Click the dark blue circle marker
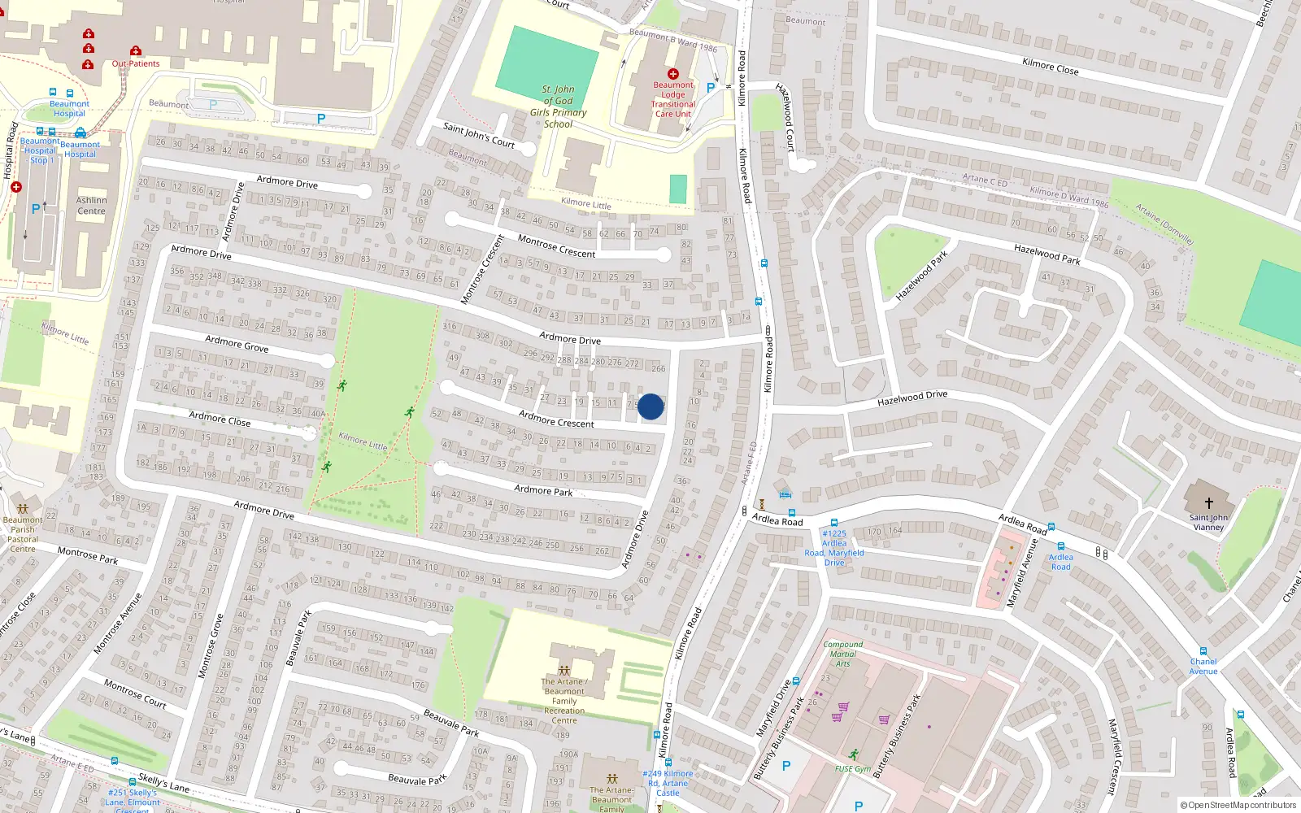click(x=650, y=406)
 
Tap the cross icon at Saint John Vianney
click(x=1208, y=503)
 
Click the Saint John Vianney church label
click(x=1208, y=522)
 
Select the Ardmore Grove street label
click(x=237, y=344)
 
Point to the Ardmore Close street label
click(x=220, y=419)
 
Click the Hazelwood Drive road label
click(x=912, y=398)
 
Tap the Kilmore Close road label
click(x=1050, y=66)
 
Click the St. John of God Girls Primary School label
click(x=558, y=107)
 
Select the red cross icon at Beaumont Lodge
click(x=672, y=74)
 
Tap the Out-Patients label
click(x=136, y=63)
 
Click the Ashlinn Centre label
click(x=91, y=206)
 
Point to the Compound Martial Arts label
click(x=842, y=654)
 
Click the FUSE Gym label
click(x=852, y=768)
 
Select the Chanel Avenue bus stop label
click(x=1203, y=666)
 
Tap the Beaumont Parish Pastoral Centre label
click(x=23, y=534)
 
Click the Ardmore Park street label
click(x=543, y=489)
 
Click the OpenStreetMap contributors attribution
click(x=1238, y=805)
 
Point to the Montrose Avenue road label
click(x=118, y=623)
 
